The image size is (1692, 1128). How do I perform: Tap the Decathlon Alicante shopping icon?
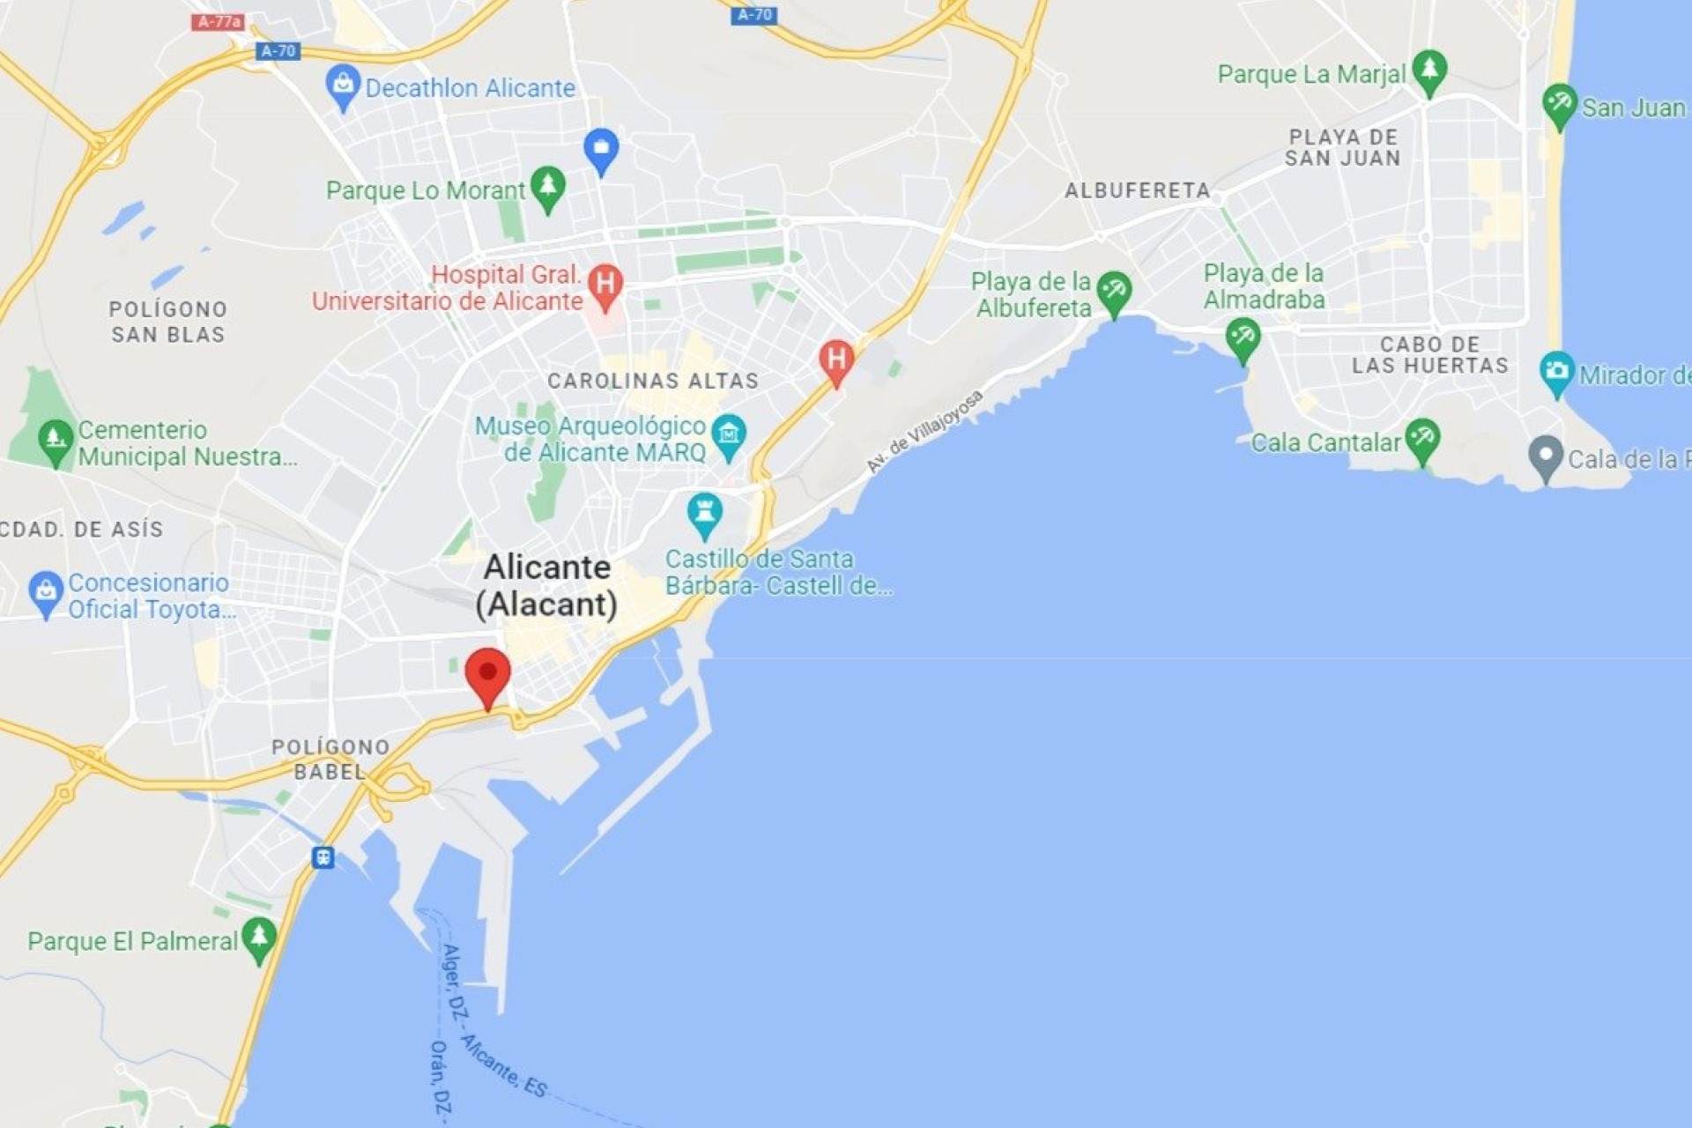343,85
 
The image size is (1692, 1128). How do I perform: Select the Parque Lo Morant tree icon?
548,188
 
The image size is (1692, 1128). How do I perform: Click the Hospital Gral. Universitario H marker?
605,285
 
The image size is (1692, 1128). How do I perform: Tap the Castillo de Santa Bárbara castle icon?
704,513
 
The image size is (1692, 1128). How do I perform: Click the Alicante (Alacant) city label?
546,585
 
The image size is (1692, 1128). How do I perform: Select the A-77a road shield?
217,21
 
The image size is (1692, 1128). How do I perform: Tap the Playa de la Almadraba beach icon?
1243,338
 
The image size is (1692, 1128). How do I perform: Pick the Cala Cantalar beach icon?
1422,439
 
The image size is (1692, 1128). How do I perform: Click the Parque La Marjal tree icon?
1429,70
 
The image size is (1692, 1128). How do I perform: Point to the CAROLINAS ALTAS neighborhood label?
652,381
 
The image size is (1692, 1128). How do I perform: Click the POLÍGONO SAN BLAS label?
167,322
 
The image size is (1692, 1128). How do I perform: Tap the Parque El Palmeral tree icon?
259,938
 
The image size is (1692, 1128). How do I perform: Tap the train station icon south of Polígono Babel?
323,857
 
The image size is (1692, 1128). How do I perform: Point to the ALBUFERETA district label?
1137,190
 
